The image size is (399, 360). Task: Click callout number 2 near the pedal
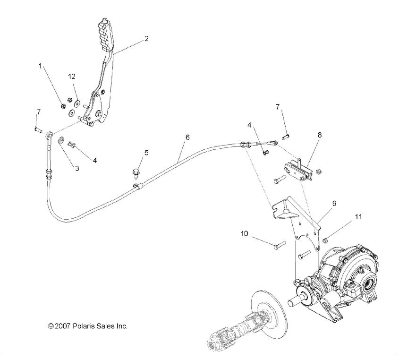[146, 39]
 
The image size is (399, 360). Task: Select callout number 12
[72, 76]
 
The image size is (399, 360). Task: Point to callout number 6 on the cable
[187, 137]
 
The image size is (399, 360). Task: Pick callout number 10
[244, 233]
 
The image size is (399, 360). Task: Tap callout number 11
[359, 217]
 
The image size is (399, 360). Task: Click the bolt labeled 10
[279, 244]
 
